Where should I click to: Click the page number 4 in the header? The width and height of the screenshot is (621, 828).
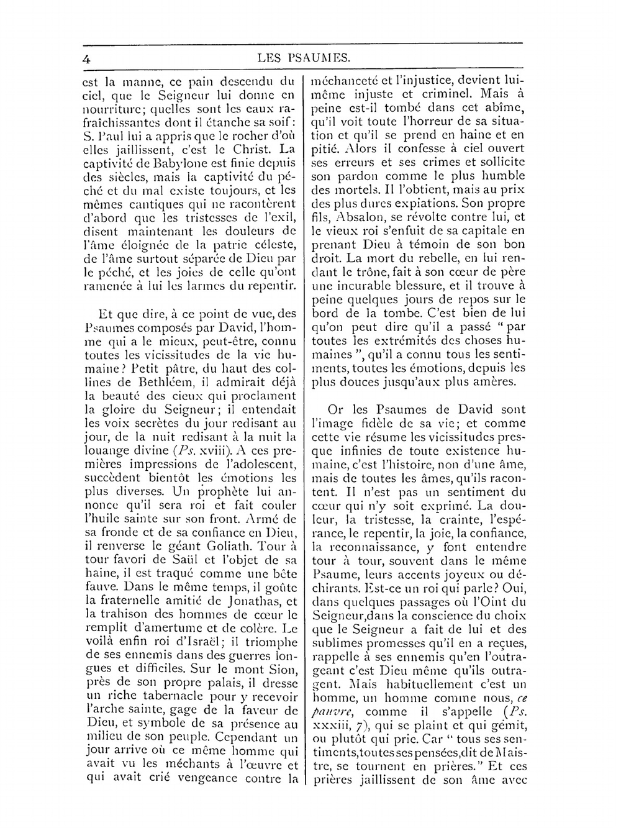point(87,59)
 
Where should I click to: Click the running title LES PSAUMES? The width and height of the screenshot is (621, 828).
point(302,59)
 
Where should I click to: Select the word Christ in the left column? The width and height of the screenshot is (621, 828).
point(247,149)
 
